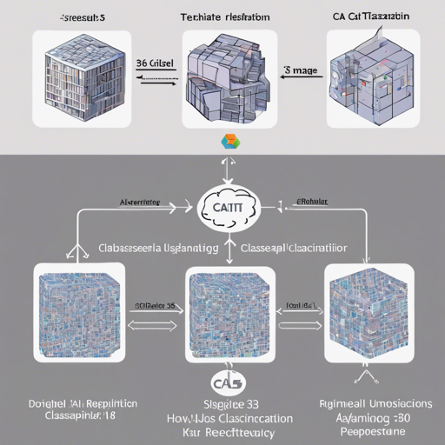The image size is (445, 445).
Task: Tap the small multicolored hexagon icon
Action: (229, 143)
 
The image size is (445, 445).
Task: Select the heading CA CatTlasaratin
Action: (372, 16)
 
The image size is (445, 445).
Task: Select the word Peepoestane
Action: (371, 430)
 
